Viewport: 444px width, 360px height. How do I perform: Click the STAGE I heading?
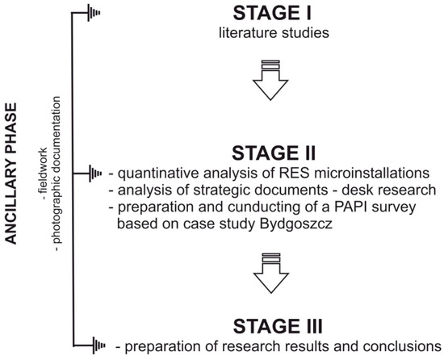[x=272, y=13]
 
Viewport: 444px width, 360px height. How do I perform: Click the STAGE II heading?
[x=274, y=153]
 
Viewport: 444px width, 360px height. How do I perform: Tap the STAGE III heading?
[x=278, y=326]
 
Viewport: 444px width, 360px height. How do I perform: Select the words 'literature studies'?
[x=274, y=32]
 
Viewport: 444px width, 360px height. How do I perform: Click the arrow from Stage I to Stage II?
[x=270, y=81]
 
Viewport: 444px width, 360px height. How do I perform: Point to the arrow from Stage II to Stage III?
[x=271, y=274]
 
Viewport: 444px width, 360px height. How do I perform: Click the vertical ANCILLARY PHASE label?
[x=11, y=174]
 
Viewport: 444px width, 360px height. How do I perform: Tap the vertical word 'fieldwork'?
[x=43, y=174]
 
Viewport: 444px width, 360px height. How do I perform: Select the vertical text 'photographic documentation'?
[x=57, y=174]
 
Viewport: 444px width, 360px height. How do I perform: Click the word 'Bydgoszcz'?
[x=295, y=224]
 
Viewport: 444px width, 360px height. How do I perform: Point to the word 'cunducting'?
[x=260, y=207]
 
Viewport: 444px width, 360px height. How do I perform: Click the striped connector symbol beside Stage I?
[x=94, y=13]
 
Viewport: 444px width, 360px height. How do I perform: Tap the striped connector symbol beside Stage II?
[x=95, y=174]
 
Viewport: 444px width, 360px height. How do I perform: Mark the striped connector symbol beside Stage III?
[x=98, y=345]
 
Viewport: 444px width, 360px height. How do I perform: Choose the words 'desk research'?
[x=389, y=190]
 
